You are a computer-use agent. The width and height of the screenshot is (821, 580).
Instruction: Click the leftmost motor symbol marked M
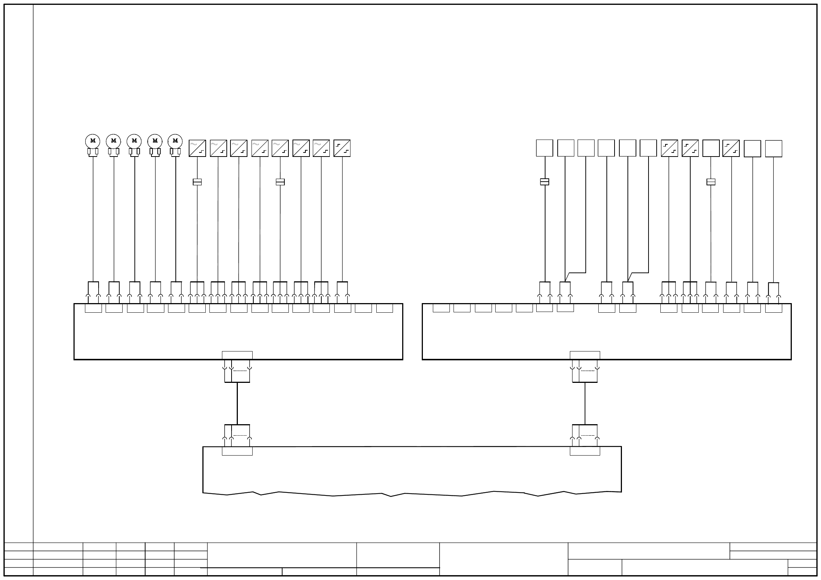(x=93, y=141)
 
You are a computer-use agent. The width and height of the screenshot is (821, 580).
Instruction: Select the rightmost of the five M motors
(x=175, y=141)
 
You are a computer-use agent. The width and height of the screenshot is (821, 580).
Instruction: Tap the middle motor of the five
(x=134, y=141)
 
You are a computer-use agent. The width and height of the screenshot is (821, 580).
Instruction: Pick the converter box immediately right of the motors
(x=197, y=148)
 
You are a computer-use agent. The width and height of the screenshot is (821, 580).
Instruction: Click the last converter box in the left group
(x=342, y=148)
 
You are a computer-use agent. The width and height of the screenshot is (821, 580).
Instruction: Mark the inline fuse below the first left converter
(x=197, y=182)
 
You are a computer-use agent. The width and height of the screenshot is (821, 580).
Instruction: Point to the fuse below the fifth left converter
(x=280, y=182)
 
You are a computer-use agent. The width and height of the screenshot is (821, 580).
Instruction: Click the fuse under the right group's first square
(x=545, y=182)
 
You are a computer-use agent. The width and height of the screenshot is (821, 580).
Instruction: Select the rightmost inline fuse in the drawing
(x=711, y=182)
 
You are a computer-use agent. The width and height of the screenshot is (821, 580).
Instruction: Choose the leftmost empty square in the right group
(x=545, y=148)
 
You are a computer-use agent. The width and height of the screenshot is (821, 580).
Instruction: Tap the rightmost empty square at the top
(x=774, y=148)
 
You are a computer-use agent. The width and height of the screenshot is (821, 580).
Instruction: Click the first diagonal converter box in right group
(x=670, y=148)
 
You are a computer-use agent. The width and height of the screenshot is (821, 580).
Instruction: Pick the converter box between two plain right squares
(x=731, y=148)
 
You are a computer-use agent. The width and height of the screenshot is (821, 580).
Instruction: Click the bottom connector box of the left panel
(x=237, y=355)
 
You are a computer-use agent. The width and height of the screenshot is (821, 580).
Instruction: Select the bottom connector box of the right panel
(x=585, y=355)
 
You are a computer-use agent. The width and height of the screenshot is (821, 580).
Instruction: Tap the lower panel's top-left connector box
(x=237, y=451)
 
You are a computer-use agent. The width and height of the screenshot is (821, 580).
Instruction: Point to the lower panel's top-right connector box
(x=585, y=451)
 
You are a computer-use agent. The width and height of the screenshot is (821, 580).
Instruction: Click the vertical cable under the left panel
(x=237, y=403)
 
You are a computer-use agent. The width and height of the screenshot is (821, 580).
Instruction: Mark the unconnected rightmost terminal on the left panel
(x=384, y=308)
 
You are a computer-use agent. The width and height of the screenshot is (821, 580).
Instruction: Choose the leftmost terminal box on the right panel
(x=441, y=308)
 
